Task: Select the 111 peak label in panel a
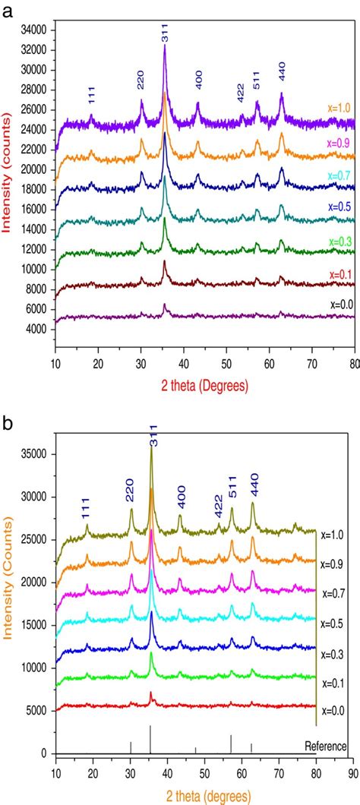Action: coord(92,96)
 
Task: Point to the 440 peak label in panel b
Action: coord(254,491)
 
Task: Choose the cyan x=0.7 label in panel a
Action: coord(341,175)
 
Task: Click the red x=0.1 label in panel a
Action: coord(341,274)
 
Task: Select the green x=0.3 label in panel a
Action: coord(341,241)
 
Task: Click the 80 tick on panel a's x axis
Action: coord(355,363)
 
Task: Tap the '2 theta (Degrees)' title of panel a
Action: coord(205,386)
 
